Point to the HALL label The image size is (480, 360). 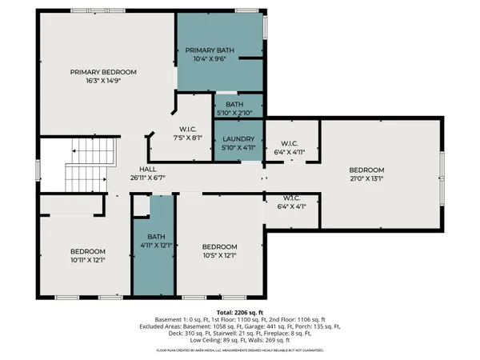tap(148, 169)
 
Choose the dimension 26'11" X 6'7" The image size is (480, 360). tap(148, 178)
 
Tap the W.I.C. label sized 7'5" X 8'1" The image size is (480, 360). tap(190, 130)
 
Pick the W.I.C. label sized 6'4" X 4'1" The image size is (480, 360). tap(291, 198)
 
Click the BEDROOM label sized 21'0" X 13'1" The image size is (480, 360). tap(366, 170)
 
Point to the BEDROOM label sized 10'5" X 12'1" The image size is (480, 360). tap(219, 246)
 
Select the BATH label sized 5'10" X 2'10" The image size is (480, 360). tap(234, 105)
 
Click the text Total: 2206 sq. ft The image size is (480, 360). tap(240, 311)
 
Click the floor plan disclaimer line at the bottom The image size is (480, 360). tap(240, 350)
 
